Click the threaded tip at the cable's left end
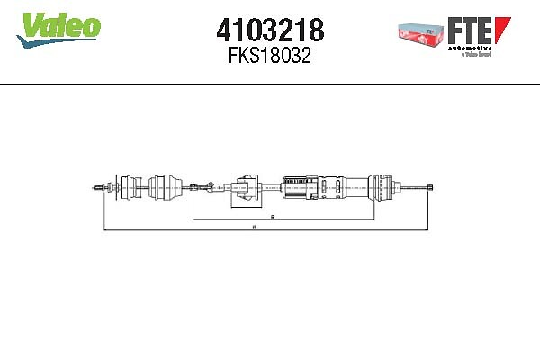click(x=97, y=187)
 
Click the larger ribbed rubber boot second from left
click(x=164, y=186)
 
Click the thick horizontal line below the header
click(x=270, y=85)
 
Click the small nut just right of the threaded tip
click(x=110, y=187)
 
